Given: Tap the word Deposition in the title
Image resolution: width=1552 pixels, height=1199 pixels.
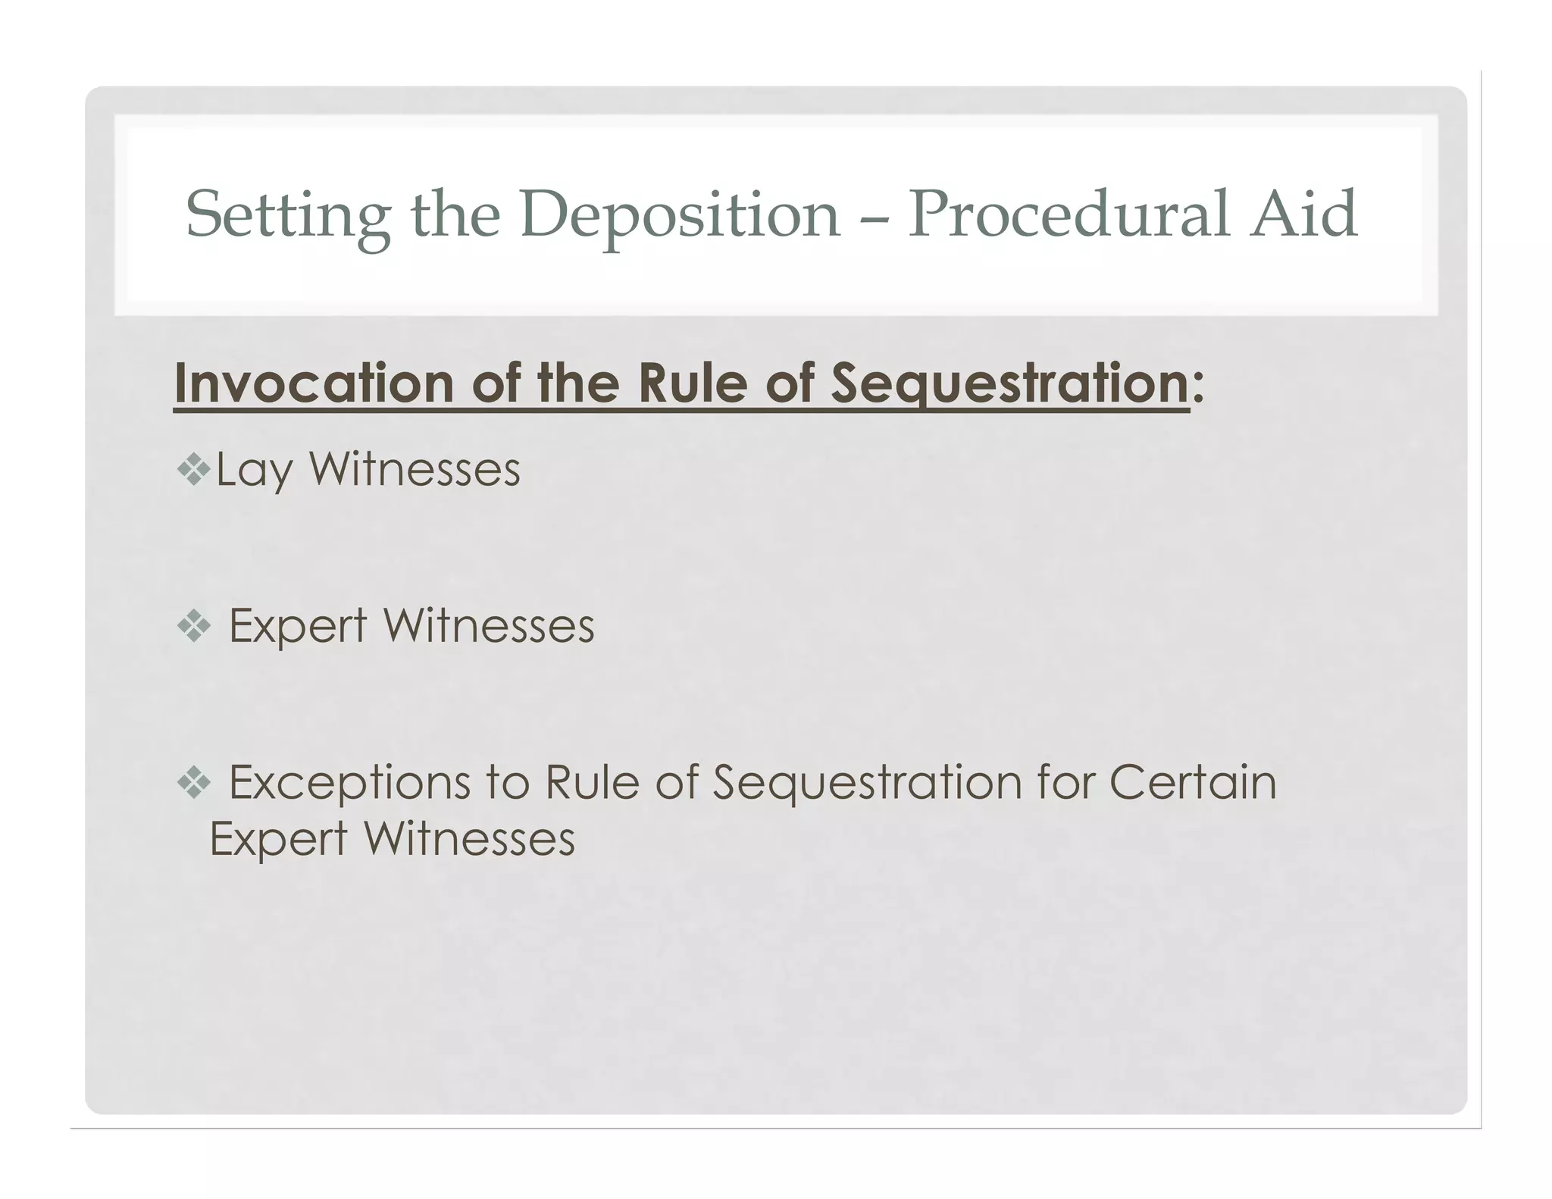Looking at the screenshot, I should click(680, 215).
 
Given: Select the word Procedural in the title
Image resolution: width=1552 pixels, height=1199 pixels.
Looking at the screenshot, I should click(1068, 215).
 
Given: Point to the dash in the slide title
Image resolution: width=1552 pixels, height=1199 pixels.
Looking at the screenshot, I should click(875, 220).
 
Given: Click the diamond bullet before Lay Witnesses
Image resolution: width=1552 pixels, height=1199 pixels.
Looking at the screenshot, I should click(193, 470).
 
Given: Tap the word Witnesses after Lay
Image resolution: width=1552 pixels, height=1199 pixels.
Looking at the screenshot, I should click(415, 469).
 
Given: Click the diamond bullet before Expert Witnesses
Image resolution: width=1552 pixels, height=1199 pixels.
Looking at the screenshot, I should click(193, 627).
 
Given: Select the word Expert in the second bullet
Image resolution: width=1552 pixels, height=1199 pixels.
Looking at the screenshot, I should click(298, 628).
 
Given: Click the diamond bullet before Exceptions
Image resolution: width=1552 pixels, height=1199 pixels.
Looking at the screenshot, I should click(193, 783).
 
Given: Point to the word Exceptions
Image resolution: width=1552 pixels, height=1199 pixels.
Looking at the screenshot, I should click(349, 784).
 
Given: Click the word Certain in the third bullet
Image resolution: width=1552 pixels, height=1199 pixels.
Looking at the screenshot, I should click(1193, 782).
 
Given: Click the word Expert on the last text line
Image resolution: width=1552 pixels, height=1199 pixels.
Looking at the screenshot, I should click(278, 840).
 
